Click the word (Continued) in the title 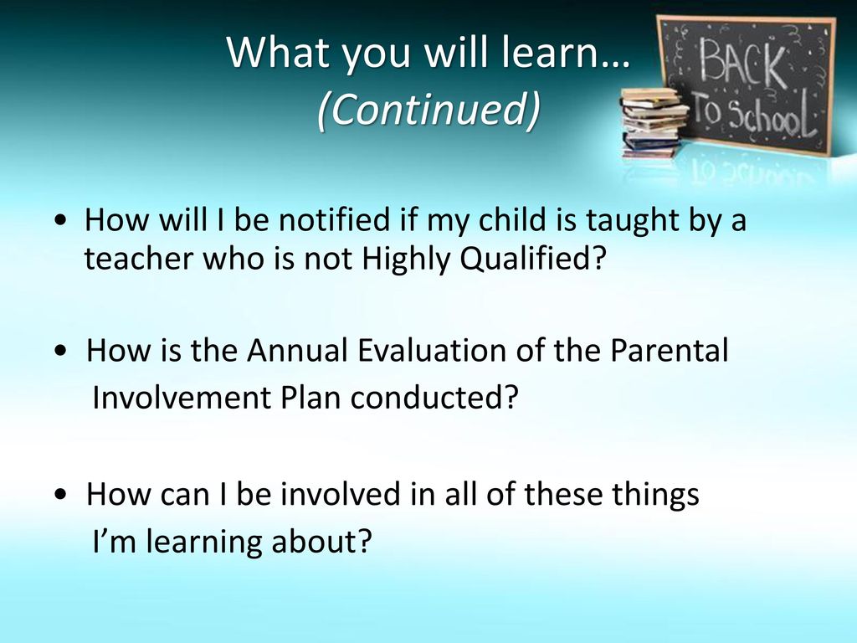(428, 109)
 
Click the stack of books (654, 122)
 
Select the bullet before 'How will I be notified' (61, 221)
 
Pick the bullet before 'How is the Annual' (61, 351)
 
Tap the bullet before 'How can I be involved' (61, 494)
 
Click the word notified (335, 220)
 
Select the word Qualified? (533, 260)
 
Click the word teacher (140, 259)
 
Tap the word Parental (669, 350)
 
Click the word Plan (310, 398)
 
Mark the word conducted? (434, 398)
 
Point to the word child (512, 220)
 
